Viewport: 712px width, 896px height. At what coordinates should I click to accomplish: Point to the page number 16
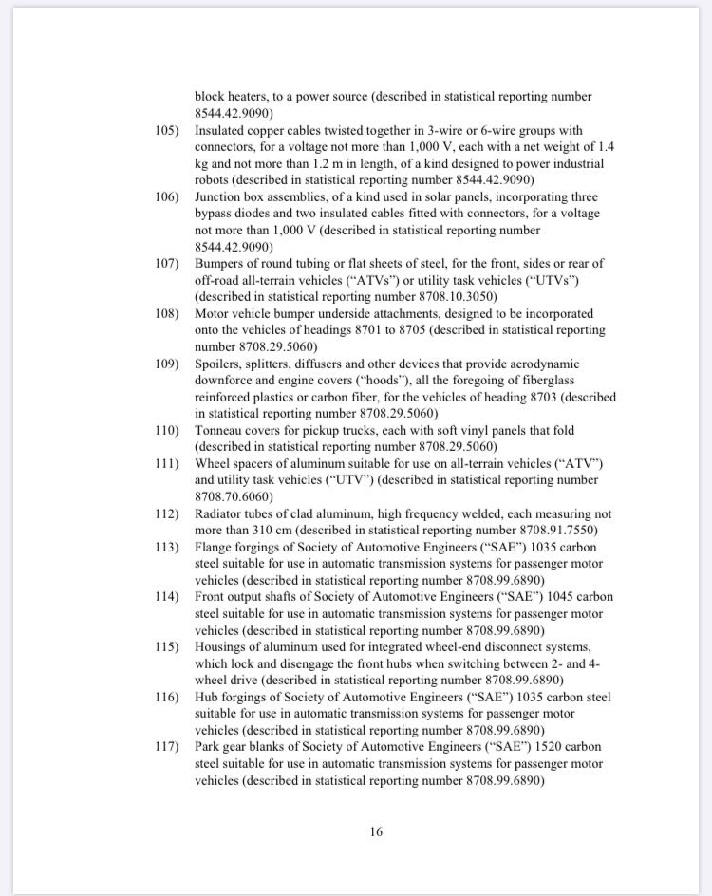(376, 832)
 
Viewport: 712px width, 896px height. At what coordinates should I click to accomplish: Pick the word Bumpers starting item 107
(221, 264)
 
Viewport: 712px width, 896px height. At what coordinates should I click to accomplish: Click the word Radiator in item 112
(222, 514)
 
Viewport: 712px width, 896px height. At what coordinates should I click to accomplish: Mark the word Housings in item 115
(223, 647)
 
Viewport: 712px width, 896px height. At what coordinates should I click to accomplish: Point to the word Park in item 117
(209, 747)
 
